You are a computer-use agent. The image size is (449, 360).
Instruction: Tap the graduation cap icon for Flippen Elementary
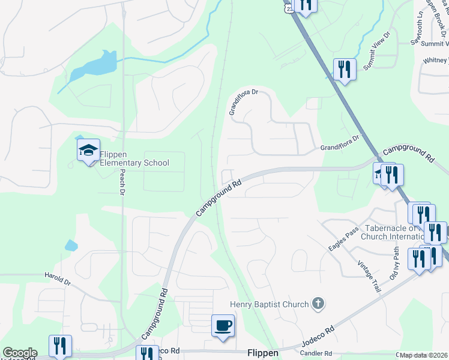[x=88, y=150]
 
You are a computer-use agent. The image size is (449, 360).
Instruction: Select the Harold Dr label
[x=58, y=276]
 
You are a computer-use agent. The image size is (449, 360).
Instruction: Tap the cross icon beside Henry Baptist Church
[x=319, y=304]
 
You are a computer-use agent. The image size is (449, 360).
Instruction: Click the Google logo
[x=19, y=353]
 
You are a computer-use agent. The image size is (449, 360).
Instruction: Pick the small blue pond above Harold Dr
[x=71, y=245]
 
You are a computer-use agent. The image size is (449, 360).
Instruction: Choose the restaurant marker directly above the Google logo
[x=60, y=346]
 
